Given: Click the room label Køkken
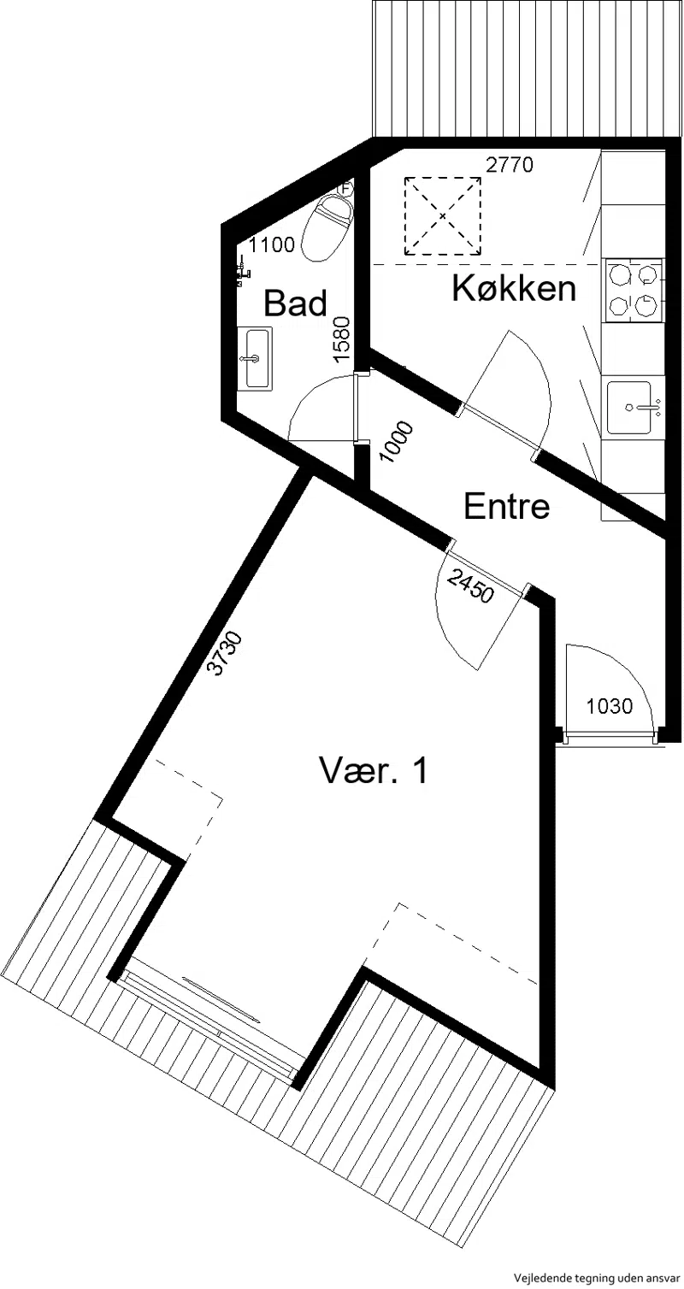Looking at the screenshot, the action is (x=514, y=288).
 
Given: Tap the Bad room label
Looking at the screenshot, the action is (x=295, y=303).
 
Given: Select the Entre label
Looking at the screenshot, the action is (x=507, y=506).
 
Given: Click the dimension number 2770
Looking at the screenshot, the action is (x=510, y=165).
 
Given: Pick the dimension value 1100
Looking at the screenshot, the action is (x=271, y=245).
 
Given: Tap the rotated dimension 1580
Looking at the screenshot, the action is (x=342, y=338).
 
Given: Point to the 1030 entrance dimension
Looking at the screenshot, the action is (x=609, y=705).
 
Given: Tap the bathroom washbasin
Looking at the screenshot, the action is (x=254, y=358).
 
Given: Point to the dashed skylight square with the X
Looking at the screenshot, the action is (x=442, y=215).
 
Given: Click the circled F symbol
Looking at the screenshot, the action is (x=345, y=187).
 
